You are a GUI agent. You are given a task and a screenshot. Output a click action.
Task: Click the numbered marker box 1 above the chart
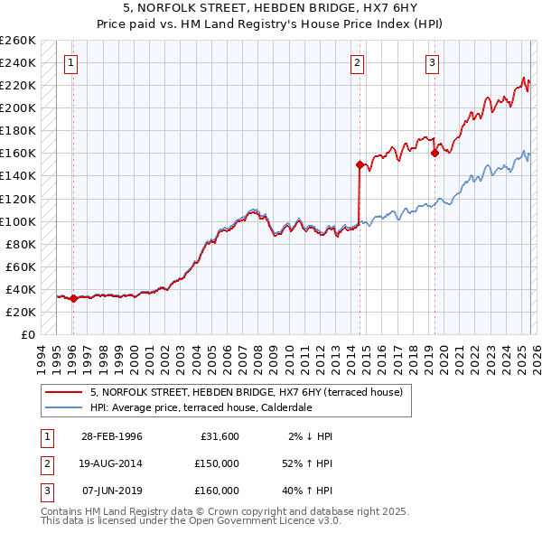[x=70, y=63]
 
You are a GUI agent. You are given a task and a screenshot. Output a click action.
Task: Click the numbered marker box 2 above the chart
[x=358, y=63]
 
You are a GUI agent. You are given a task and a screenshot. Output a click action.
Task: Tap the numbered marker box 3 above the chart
[x=433, y=63]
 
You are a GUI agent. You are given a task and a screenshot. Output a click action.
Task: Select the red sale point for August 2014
[x=360, y=164]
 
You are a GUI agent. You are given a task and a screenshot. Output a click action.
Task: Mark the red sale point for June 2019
[x=435, y=153]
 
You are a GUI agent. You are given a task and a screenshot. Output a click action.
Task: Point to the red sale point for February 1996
[x=73, y=298]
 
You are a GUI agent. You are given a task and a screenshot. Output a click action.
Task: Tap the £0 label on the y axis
[x=27, y=334]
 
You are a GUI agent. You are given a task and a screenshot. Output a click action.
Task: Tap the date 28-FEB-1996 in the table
[x=111, y=436]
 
